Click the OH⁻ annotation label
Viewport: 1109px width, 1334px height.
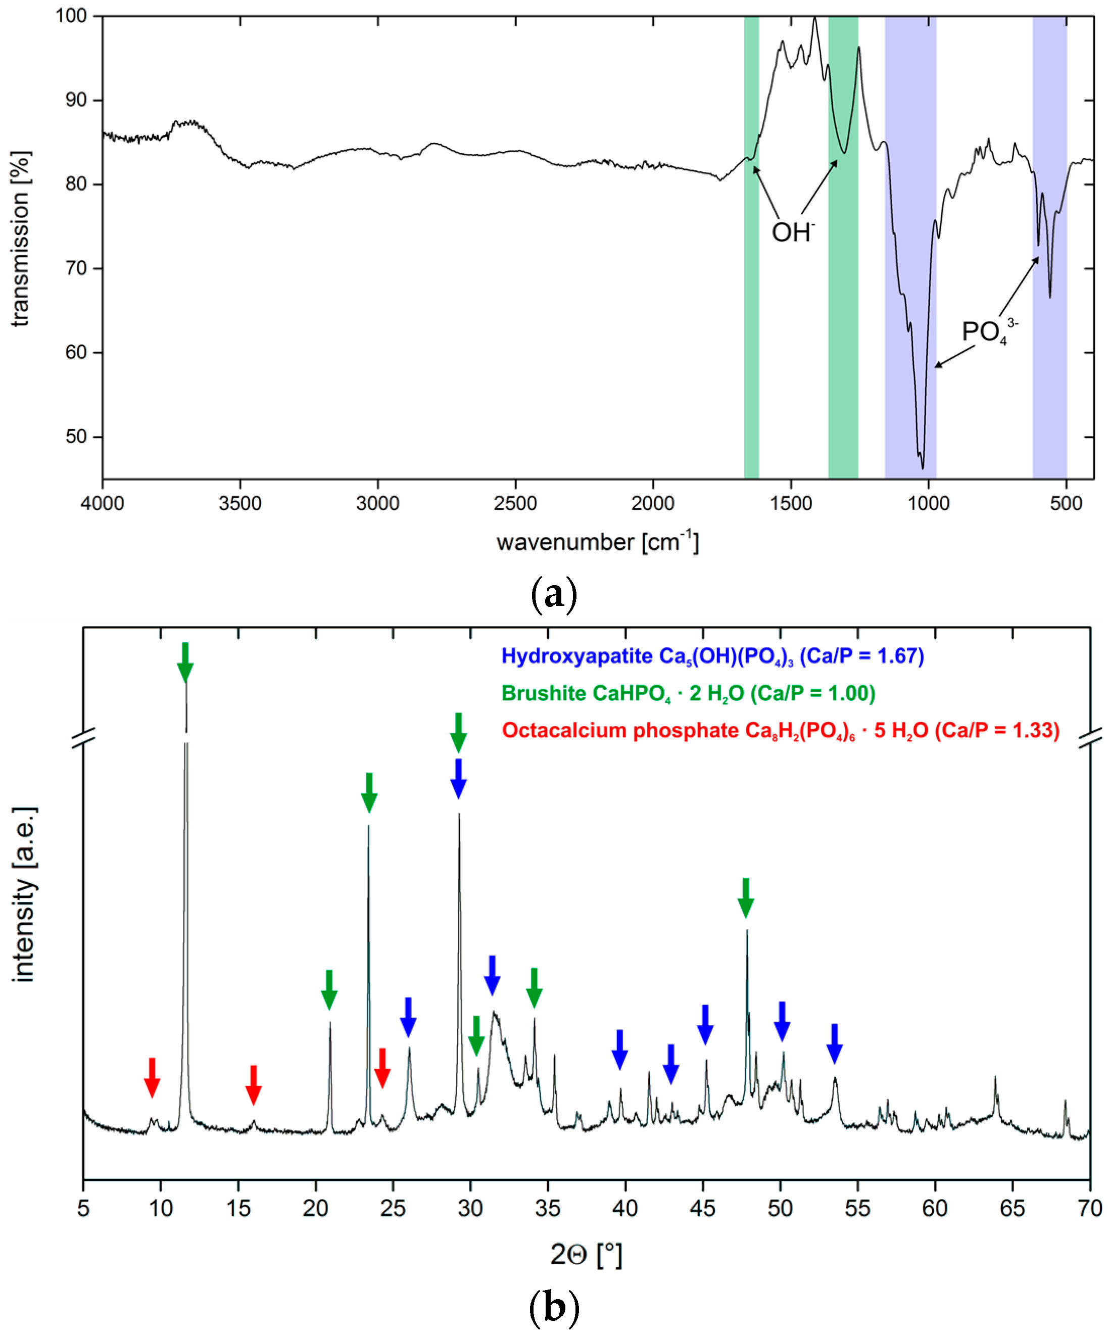click(792, 232)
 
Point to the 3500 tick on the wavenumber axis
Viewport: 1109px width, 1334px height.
click(240, 503)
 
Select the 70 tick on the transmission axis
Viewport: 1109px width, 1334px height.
click(76, 268)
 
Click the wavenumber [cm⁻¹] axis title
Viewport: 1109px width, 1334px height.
click(597, 542)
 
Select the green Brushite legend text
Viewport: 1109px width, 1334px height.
click(688, 693)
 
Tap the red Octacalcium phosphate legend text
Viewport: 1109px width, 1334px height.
click(780, 731)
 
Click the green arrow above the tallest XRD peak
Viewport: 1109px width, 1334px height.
click(185, 662)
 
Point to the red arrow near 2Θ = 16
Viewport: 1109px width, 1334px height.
click(254, 1085)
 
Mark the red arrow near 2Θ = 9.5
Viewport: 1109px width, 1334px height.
click(151, 1077)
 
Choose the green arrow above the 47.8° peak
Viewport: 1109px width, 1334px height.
click(746, 897)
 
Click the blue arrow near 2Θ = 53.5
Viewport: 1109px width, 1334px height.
click(835, 1043)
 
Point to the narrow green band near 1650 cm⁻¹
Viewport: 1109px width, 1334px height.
click(751, 248)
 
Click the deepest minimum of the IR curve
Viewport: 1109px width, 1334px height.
click(922, 467)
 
